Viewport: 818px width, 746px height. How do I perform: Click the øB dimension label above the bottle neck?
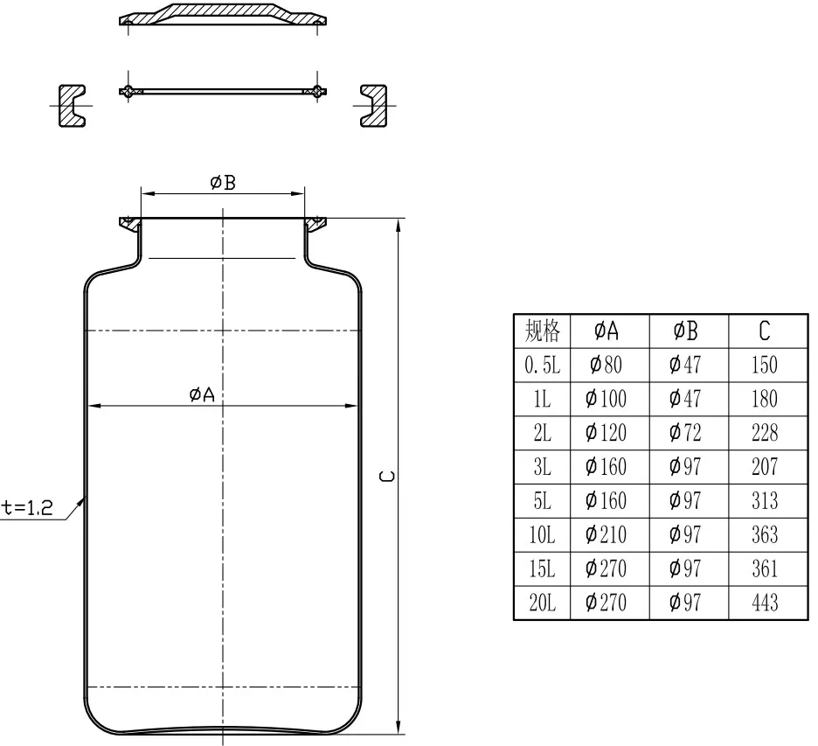click(x=223, y=183)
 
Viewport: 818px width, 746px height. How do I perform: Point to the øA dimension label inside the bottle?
click(x=202, y=394)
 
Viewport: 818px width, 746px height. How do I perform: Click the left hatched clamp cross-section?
click(x=72, y=105)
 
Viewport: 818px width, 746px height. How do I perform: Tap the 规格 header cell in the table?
click(x=542, y=331)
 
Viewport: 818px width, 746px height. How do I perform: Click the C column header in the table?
click(x=765, y=331)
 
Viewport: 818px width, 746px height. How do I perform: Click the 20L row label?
click(x=542, y=603)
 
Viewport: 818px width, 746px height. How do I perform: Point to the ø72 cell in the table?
click(x=685, y=433)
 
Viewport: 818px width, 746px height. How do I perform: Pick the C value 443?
click(x=765, y=603)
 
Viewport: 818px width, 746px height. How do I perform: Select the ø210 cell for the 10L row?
click(x=607, y=534)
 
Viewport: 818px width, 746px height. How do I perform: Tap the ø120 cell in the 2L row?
click(x=607, y=433)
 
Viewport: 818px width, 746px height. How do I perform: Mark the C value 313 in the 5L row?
click(x=765, y=500)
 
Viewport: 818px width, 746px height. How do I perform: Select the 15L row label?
click(x=542, y=569)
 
